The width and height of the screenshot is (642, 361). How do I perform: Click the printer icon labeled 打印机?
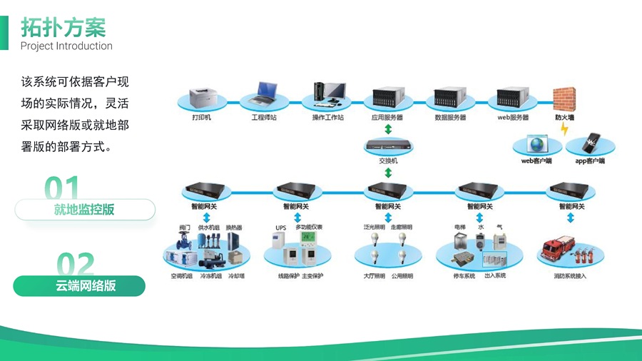(x=201, y=96)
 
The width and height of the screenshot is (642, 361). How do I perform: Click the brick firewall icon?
(x=565, y=98)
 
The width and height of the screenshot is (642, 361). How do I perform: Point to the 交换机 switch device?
(x=388, y=148)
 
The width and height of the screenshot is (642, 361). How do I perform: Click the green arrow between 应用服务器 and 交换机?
(x=388, y=129)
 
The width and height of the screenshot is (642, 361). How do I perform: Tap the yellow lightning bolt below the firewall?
(x=565, y=130)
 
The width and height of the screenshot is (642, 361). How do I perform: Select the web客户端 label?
(x=536, y=161)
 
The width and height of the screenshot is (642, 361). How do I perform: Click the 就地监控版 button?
(x=84, y=210)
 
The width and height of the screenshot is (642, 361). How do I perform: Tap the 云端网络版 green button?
(x=79, y=286)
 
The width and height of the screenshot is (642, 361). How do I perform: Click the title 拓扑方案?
(x=63, y=27)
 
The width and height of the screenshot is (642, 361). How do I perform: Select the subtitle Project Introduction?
(x=66, y=46)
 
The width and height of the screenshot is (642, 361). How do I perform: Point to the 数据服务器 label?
(x=450, y=117)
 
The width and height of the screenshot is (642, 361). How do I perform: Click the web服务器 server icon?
(x=512, y=98)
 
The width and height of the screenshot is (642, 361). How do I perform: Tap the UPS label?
(x=280, y=228)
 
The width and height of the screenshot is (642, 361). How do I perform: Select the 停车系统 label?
(x=464, y=275)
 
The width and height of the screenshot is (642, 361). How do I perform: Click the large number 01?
(x=62, y=188)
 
